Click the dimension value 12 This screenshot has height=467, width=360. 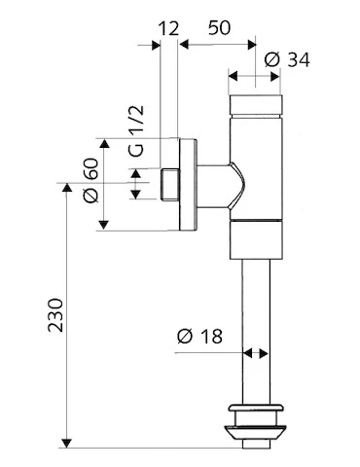click(168, 28)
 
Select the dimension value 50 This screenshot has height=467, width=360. click(219, 27)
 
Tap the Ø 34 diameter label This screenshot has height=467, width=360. click(287, 59)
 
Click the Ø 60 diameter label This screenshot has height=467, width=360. click(90, 180)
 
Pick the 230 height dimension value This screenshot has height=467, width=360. click(55, 315)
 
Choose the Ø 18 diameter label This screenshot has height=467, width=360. click(199, 336)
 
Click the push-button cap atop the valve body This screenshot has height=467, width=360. click(256, 105)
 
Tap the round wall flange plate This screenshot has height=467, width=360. click(188, 185)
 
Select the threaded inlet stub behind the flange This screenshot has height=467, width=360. click(170, 184)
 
